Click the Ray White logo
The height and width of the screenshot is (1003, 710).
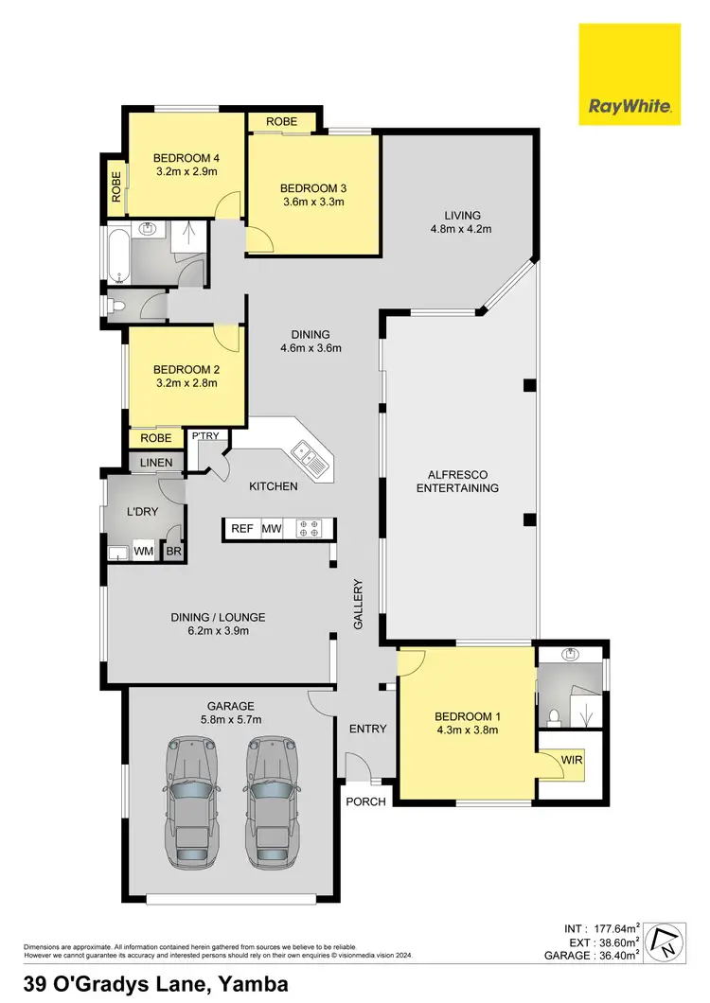[630, 74]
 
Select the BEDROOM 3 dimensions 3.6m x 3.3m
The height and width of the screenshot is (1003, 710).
[312, 202]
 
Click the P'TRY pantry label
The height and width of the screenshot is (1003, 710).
[205, 436]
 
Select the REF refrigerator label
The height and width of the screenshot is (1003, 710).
[242, 529]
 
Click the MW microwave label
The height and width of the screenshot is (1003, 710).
[272, 529]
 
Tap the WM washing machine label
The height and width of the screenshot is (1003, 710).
[144, 551]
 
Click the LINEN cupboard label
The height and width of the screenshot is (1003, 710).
[157, 462]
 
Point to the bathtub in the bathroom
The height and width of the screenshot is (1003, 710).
[117, 255]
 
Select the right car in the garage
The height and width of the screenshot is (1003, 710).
[275, 801]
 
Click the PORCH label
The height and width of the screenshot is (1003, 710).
[366, 801]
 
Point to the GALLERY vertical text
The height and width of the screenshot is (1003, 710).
[359, 605]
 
